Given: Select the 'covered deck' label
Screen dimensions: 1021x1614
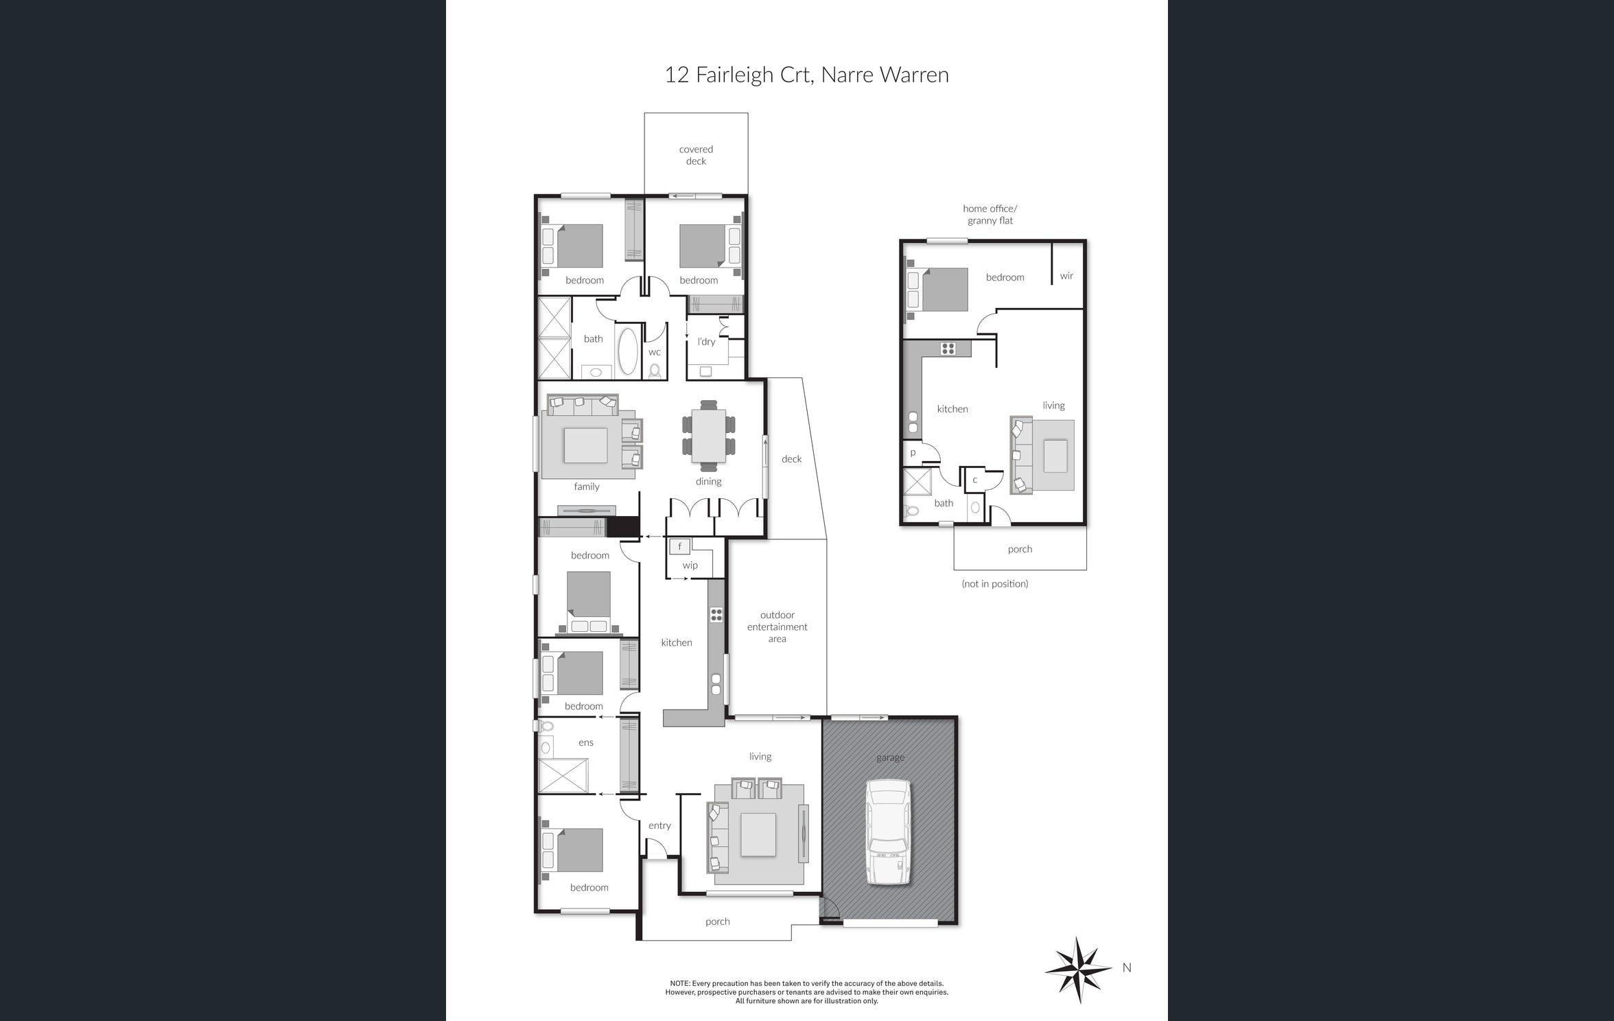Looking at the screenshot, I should point(696,155).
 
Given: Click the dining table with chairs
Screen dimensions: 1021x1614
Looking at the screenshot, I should point(708,436).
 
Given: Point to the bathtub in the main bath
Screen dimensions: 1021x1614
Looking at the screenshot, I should point(627,351).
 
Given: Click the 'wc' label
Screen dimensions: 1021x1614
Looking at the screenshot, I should point(654,352).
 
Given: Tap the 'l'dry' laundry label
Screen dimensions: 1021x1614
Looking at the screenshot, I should point(705,342).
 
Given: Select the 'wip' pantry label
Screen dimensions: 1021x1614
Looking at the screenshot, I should point(690,565).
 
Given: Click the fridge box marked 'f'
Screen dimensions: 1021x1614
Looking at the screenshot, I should point(679,546).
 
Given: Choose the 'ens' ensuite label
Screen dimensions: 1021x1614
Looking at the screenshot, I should point(585,742).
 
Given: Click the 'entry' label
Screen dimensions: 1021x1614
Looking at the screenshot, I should point(659,825).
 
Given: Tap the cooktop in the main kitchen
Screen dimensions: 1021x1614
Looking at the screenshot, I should point(716,614).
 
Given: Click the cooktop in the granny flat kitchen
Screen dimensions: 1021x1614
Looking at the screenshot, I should point(948,349).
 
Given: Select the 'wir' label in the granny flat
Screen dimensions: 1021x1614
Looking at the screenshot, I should point(1066,276).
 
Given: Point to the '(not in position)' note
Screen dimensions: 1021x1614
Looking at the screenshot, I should point(995,584).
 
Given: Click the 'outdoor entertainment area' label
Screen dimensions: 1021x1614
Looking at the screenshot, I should point(777,626).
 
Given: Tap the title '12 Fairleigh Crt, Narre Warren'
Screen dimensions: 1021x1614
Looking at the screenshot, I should point(806,75).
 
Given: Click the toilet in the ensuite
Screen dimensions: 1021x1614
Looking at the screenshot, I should point(546,726).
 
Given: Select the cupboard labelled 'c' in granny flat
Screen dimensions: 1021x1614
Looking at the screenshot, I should point(974,480).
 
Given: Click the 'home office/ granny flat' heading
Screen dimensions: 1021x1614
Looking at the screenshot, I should point(990,214).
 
